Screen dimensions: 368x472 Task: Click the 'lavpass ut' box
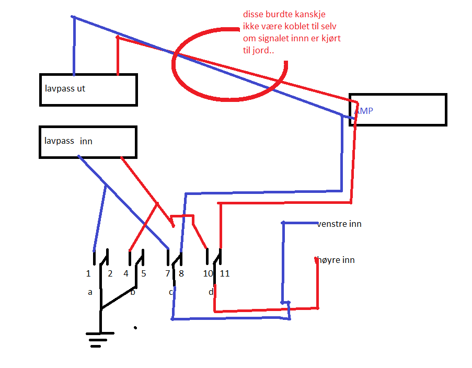pos(88,90)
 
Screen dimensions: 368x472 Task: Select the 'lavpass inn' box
pos(88,142)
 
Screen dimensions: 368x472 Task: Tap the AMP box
pos(398,110)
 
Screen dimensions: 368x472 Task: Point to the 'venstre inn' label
pos(339,224)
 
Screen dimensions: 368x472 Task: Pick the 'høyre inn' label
pos(336,260)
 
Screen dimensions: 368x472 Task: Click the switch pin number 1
pos(89,273)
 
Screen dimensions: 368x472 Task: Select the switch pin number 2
pos(110,273)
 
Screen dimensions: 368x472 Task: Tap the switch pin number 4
pos(126,273)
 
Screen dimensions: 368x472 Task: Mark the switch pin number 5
pos(144,273)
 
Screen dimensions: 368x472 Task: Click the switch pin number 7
pos(168,273)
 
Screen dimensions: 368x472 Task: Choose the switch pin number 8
pos(181,273)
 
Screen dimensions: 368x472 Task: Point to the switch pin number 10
pos(208,273)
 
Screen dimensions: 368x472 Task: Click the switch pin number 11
pos(225,273)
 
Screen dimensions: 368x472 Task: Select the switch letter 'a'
pos(90,292)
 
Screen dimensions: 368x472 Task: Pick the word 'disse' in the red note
pos(254,14)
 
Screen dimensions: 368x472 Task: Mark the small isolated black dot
pos(135,328)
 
